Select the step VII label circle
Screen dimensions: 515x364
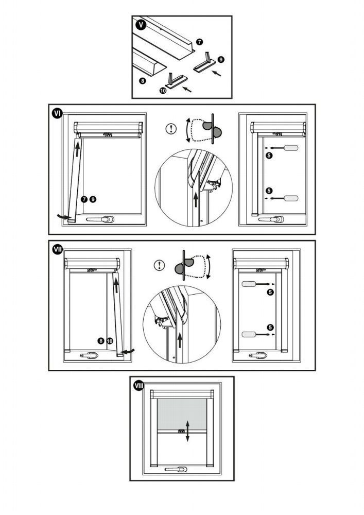coord(57,249)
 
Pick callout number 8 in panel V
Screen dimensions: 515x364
coord(143,81)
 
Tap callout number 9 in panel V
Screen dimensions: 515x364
coord(221,60)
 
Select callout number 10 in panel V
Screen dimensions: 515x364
coord(163,90)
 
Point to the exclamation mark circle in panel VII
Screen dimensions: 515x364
coord(160,265)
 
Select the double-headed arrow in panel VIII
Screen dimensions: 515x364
coord(188,430)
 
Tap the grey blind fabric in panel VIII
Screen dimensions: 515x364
coord(180,411)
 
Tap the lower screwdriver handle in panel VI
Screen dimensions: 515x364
coord(291,198)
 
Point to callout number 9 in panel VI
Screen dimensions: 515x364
coord(92,199)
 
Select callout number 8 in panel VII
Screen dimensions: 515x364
coord(101,340)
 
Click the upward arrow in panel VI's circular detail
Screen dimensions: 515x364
coord(196,200)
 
